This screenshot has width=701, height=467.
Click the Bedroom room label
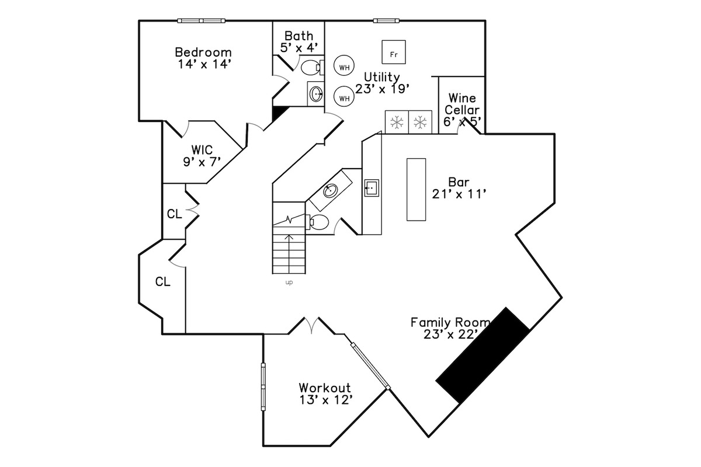click(x=204, y=52)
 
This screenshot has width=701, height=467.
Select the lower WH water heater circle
click(x=344, y=97)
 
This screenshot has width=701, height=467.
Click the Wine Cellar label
click(x=462, y=104)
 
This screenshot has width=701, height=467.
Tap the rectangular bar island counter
click(x=417, y=189)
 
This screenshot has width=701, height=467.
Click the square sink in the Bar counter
click(x=372, y=188)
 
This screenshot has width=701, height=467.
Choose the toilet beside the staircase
click(x=318, y=222)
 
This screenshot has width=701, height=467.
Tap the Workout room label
click(x=325, y=388)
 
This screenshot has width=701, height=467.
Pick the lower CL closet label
click(x=162, y=283)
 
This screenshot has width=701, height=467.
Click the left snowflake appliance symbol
click(x=397, y=122)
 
